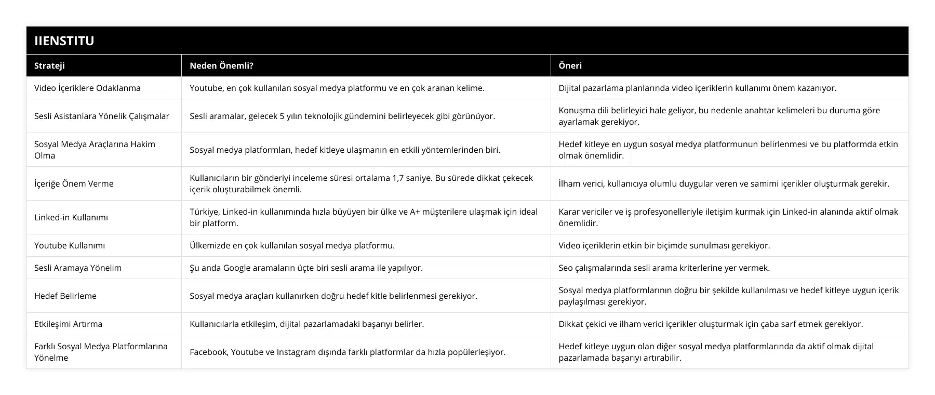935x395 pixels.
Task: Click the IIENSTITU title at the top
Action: pos(64,41)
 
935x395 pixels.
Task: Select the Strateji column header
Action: pos(49,65)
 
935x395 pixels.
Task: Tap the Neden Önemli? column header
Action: pos(221,65)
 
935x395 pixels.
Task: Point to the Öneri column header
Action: pos(570,65)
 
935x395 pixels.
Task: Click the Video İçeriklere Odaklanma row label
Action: pos(87,88)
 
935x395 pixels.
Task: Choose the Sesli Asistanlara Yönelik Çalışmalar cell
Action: pos(102,116)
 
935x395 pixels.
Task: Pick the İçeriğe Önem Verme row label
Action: pos(74,183)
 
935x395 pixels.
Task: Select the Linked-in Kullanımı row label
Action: pos(71,217)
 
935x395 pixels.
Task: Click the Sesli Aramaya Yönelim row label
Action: pos(78,268)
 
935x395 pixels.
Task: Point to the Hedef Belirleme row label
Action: pos(65,296)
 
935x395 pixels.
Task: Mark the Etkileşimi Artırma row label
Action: pos(68,324)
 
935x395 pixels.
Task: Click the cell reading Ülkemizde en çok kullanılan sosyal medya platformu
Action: pos(292,245)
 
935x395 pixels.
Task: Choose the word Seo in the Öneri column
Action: pos(566,268)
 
